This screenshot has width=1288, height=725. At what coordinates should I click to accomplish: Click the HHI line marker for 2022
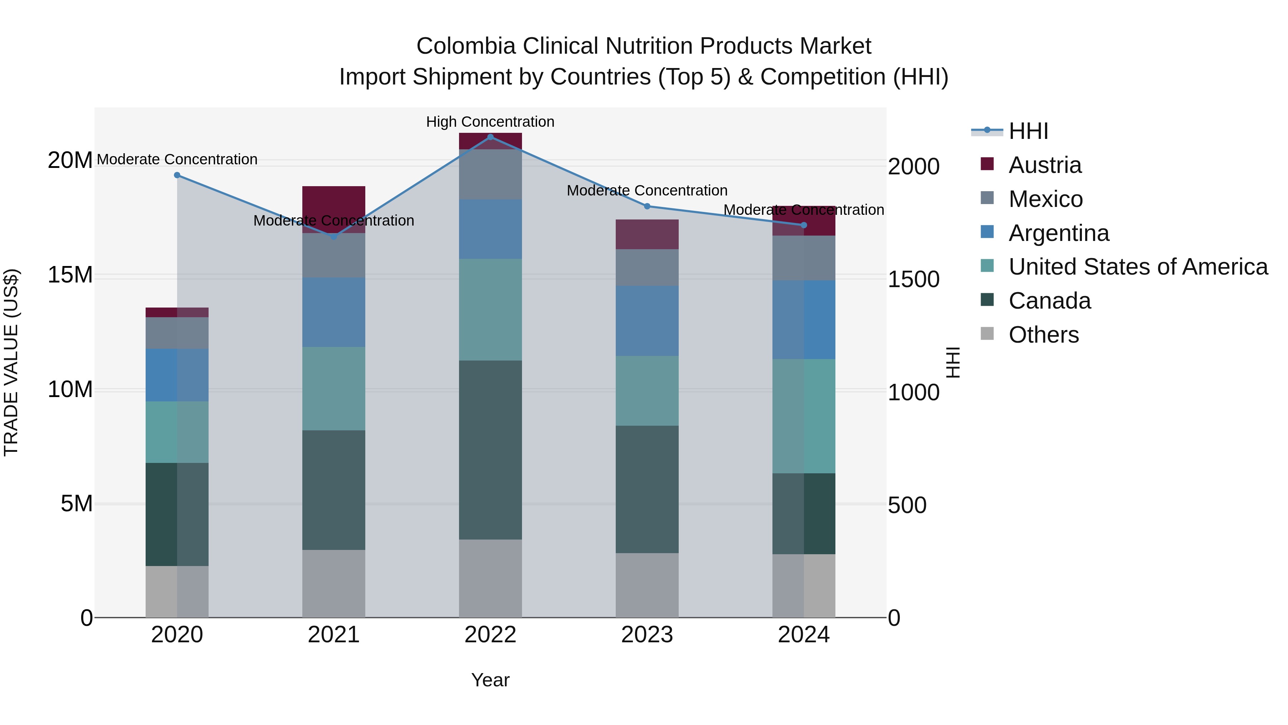point(490,137)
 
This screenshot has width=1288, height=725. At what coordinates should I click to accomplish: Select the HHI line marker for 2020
point(177,175)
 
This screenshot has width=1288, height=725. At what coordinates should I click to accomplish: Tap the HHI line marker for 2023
point(647,206)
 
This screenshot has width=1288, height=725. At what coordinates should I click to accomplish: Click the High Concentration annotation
point(490,122)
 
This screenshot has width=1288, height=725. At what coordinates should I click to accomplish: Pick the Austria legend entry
point(1045,165)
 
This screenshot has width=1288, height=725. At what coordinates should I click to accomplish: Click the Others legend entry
point(1044,335)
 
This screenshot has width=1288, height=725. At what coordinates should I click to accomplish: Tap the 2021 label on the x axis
point(333,635)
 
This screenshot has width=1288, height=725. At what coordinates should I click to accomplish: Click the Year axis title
point(490,680)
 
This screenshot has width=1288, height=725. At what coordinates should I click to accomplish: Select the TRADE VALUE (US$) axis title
point(11,362)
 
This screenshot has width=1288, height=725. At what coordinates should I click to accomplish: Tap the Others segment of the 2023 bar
point(647,585)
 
